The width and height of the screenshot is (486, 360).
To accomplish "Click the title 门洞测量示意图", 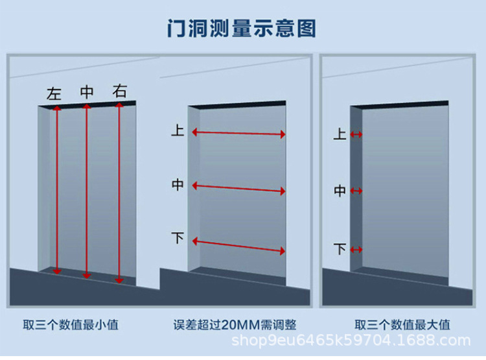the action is coord(242,29).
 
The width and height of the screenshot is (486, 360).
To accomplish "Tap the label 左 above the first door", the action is coord(54,93).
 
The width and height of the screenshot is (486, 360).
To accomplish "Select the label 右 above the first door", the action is coord(120,91).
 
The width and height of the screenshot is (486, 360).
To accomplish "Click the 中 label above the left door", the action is coord(87,92).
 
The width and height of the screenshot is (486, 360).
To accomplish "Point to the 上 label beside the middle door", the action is coord(178,130).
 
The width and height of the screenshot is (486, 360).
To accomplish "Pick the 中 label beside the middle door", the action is coord(178,185).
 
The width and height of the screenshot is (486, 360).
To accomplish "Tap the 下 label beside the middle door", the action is coord(178,237).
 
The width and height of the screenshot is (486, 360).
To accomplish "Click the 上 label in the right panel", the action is coord(340,134).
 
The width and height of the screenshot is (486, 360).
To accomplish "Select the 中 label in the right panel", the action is coord(340,191).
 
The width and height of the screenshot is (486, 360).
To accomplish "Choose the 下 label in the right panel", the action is coord(340,249).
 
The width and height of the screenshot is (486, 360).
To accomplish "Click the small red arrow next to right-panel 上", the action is coord(356,134).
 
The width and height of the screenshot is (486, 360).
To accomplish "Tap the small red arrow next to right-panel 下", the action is coord(356,250).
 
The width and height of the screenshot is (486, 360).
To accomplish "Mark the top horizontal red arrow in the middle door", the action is coord(238,133).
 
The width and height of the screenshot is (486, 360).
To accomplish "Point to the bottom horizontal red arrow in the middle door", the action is coord(238,246).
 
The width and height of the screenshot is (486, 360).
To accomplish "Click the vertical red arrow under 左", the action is coord(57,190).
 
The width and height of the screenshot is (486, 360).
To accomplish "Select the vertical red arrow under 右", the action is coord(119,193).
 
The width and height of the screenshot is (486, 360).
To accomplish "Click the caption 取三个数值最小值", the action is coord(71,325).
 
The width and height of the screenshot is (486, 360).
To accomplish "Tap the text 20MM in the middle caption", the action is coord(241,325).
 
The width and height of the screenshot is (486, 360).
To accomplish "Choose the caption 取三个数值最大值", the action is coord(402,325).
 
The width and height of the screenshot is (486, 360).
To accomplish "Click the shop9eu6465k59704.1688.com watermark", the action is coord(351,341).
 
